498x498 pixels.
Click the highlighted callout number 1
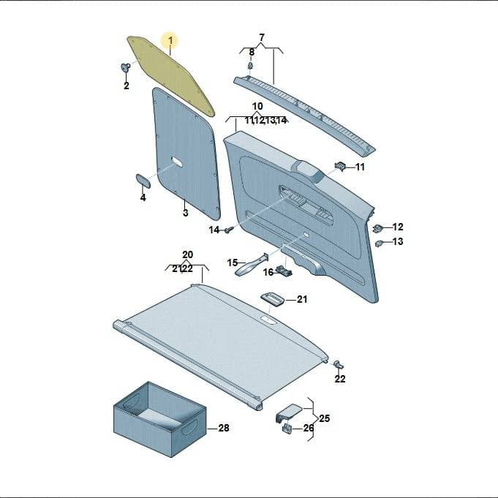tap(170, 41)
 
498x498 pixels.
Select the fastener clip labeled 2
tap(126, 67)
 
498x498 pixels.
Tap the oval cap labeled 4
tap(143, 181)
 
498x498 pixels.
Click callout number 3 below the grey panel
tap(186, 213)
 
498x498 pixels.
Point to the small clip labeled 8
tap(251, 66)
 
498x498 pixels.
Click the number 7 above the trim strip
tap(261, 37)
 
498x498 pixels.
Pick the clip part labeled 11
tap(340, 166)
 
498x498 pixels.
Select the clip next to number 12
tap(377, 228)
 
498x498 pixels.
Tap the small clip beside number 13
tap(379, 244)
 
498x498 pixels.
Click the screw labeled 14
tap(229, 230)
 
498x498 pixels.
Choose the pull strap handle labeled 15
tap(252, 265)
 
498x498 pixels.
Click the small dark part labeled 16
tap(284, 270)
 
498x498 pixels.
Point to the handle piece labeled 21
tap(273, 298)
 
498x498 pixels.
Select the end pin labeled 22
tap(339, 364)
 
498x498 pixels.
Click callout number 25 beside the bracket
tap(324, 418)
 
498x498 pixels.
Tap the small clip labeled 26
tap(287, 428)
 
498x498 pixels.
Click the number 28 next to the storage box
tap(224, 428)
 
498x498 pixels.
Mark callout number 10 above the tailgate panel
tap(257, 106)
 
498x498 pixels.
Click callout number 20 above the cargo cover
tap(187, 254)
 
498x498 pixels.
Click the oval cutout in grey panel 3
tap(177, 162)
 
